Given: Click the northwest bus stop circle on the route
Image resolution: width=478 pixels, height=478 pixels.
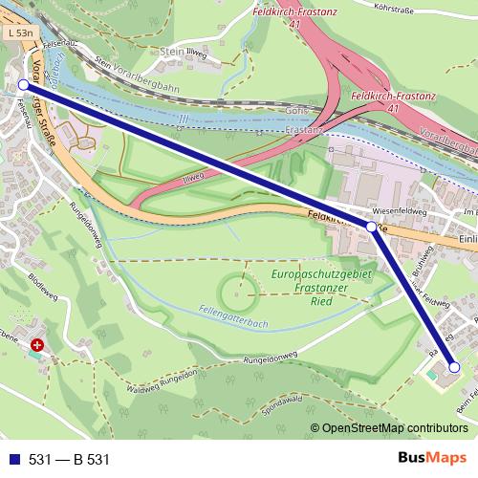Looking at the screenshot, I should pos(24,85).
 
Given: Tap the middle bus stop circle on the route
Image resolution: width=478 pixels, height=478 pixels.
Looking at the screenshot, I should pos(371,227).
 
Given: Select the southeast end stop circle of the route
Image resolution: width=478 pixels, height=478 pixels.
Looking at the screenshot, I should pos(454,367).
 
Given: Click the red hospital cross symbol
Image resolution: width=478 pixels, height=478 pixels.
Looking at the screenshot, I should pos(36,344).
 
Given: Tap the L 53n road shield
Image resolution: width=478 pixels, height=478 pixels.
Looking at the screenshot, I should pos(18,33).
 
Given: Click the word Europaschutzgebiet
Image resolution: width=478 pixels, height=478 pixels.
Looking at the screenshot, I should pos(317,274).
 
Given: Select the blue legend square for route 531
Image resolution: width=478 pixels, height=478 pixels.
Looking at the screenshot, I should pos(11,459).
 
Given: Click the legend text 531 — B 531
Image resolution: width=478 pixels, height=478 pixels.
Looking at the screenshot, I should pos(69,459).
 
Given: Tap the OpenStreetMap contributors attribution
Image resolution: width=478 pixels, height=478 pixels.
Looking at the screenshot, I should pos(395,429).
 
